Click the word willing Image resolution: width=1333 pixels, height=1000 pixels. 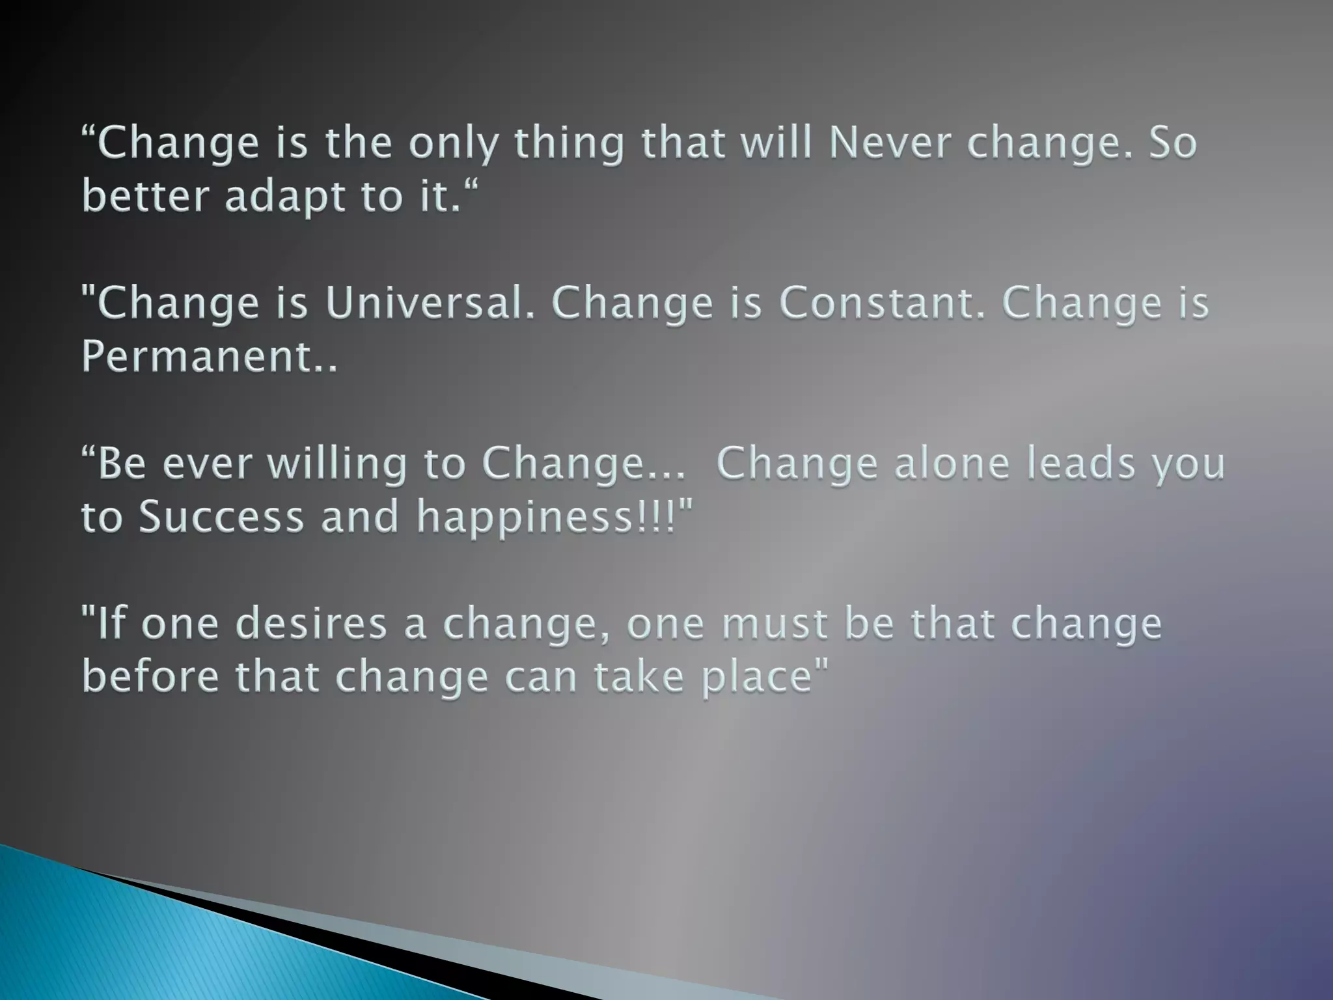(337, 465)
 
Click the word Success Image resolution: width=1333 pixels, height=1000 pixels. (222, 517)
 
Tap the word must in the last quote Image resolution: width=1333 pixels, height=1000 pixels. (774, 624)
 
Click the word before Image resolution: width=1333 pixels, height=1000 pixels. (150, 677)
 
